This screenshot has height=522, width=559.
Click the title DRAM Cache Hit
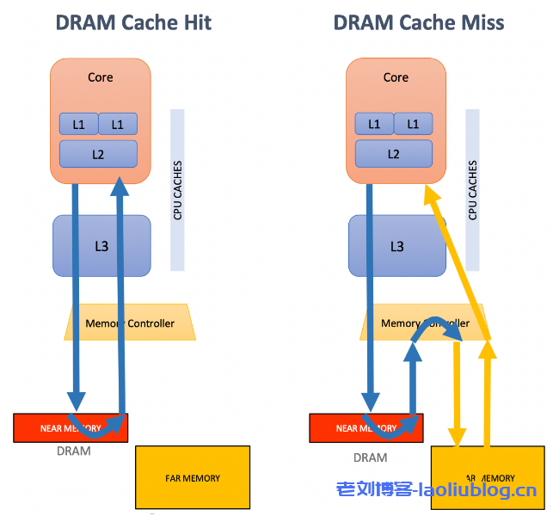tap(133, 22)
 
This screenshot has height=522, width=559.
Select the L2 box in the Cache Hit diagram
tap(98, 154)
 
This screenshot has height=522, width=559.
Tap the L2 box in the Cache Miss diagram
tap(394, 154)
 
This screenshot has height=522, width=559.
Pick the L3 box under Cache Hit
tap(101, 246)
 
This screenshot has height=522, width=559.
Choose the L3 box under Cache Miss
tap(396, 246)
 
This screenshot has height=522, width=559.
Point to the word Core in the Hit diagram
tap(101, 77)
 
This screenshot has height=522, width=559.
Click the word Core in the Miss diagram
tap(396, 77)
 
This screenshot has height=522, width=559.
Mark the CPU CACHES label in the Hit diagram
tap(178, 190)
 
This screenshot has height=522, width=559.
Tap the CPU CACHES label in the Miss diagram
tap(473, 190)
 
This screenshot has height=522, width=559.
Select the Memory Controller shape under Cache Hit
tap(130, 323)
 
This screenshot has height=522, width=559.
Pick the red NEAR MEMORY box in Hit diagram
tap(43, 427)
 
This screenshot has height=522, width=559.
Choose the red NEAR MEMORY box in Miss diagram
tap(338, 427)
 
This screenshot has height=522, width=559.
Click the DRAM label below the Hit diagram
tap(73, 451)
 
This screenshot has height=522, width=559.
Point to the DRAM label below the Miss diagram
tap(370, 458)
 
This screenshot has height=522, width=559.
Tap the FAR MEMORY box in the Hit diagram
tap(193, 477)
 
